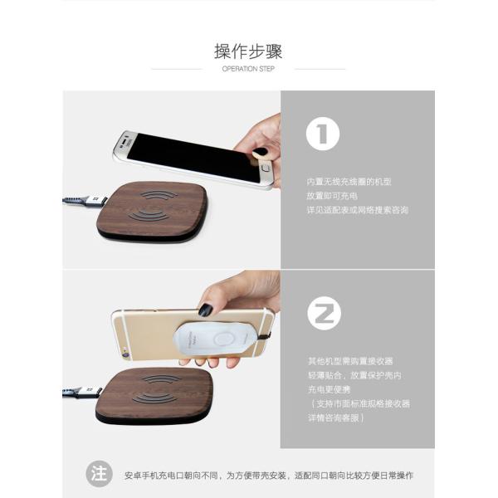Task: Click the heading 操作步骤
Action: pos(248,51)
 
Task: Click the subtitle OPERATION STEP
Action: pos(248,69)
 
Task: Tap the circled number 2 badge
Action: pos(322,313)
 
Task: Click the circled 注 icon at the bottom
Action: pos(98,475)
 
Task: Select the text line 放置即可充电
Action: pos(331,195)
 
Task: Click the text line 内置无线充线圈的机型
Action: pos(349,180)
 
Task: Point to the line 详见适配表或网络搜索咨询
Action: pos(357,210)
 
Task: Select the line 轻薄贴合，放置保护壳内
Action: pos(354,375)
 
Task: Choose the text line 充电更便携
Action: pos(331,389)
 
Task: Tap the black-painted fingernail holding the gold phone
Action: pos(205,310)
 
